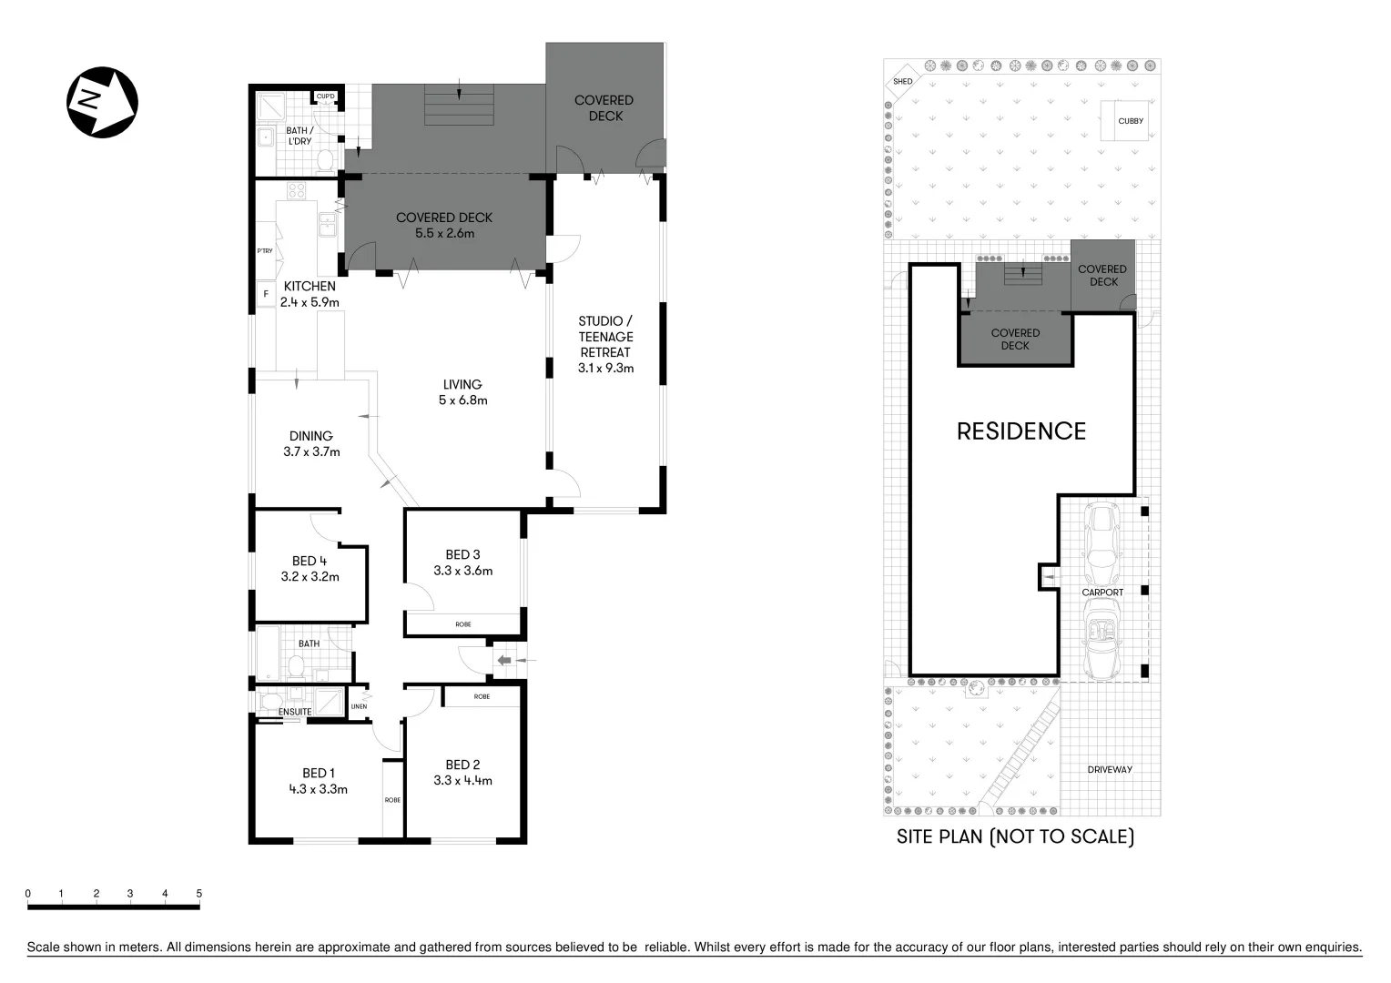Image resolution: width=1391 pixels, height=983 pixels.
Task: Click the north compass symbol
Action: (102, 101)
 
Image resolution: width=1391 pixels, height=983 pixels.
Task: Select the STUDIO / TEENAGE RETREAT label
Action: (605, 337)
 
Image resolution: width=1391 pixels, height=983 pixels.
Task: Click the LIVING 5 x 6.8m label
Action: (462, 392)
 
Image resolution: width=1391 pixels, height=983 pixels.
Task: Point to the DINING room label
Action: (311, 436)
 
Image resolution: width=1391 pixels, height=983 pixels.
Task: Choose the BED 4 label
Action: (310, 561)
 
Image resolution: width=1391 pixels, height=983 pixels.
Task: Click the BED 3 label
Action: (462, 554)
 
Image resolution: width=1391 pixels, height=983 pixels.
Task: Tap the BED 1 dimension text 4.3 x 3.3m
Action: (318, 789)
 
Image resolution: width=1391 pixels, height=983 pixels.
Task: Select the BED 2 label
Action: (462, 765)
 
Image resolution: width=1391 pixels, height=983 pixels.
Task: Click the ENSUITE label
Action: (295, 712)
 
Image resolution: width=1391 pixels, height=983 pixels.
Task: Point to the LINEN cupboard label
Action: (360, 705)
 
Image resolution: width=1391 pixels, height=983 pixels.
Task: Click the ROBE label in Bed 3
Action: (463, 624)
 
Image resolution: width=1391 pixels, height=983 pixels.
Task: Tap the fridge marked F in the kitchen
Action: (266, 293)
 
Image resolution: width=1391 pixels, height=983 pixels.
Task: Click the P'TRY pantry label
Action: (265, 251)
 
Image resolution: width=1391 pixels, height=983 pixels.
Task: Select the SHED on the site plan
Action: (902, 81)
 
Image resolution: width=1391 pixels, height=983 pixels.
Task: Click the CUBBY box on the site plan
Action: (1131, 121)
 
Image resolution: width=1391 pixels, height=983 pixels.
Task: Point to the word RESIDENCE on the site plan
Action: (1021, 431)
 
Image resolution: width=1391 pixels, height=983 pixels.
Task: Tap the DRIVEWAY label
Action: (1110, 769)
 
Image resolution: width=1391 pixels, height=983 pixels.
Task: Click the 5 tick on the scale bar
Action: (198, 894)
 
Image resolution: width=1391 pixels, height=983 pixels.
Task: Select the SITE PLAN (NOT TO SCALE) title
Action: (1015, 836)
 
